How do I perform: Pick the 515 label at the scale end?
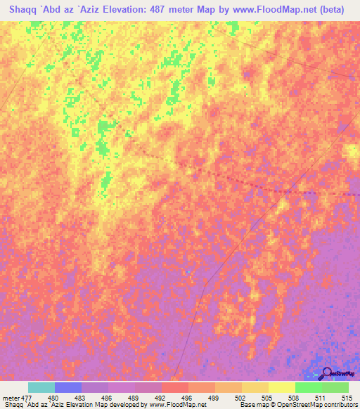tap(346, 397)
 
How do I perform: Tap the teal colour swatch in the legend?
tap(41, 387)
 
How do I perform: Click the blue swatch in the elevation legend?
tap(68, 387)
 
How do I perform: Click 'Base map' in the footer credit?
tap(251, 405)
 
